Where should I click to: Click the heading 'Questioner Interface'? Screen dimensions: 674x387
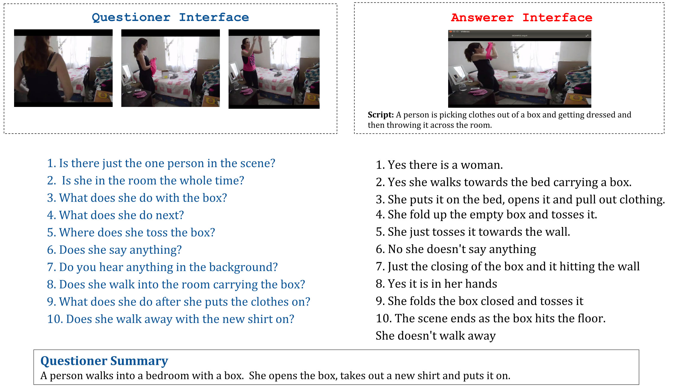(170, 17)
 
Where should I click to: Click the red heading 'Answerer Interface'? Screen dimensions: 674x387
(522, 18)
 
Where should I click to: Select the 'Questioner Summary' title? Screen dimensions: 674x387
(104, 361)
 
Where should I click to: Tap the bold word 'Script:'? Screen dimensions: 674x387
(380, 115)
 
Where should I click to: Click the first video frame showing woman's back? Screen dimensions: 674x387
(63, 68)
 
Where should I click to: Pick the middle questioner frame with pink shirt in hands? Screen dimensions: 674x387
(170, 68)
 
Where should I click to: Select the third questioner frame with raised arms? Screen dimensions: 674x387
(274, 69)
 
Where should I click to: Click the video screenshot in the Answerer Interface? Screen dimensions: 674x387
(519, 69)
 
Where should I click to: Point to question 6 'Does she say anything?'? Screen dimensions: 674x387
(114, 250)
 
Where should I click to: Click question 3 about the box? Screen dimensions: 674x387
(137, 198)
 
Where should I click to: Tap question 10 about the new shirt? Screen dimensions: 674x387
(171, 319)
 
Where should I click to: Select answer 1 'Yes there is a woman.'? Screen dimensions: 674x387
(439, 165)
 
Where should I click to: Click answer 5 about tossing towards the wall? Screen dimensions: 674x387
(473, 232)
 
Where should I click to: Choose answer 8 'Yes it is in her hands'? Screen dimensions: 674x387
(436, 284)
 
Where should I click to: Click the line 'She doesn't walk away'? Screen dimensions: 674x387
(436, 335)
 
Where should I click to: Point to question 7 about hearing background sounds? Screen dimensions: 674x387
(162, 267)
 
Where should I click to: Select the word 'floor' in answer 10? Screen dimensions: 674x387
(590, 318)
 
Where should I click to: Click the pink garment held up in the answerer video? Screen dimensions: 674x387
(489, 51)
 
